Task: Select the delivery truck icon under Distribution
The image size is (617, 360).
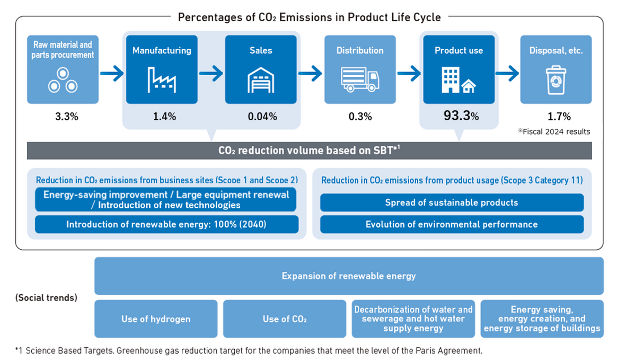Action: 360,80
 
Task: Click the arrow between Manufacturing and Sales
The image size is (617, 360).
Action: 211,74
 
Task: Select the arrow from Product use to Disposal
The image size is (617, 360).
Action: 507,74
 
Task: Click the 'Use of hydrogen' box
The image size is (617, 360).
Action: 156,319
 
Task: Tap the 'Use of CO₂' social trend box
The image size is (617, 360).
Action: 285,319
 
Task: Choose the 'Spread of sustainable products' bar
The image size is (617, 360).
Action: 452,203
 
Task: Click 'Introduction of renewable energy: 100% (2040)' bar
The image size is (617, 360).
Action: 166,224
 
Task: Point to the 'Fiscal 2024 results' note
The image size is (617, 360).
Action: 554,131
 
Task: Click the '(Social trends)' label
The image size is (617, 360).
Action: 47,297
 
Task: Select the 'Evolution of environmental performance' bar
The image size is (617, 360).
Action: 452,224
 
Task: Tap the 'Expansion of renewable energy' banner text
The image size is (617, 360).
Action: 349,276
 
